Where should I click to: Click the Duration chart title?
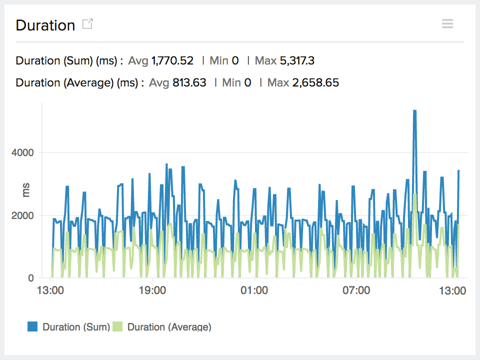pyautogui.click(x=45, y=25)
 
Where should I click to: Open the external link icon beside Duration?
pyautogui.click(x=87, y=24)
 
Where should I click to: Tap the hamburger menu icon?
pyautogui.click(x=447, y=23)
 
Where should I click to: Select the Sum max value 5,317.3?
pyautogui.click(x=296, y=61)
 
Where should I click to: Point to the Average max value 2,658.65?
pyautogui.click(x=315, y=82)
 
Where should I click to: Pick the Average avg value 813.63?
pyautogui.click(x=189, y=82)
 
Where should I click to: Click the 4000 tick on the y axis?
pyautogui.click(x=23, y=152)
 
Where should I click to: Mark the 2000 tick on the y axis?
pyautogui.click(x=23, y=215)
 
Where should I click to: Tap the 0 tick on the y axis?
pyautogui.click(x=30, y=278)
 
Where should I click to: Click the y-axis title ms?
pyautogui.click(x=26, y=190)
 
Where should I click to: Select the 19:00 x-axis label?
pyautogui.click(x=152, y=290)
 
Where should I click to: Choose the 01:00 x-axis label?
pyautogui.click(x=254, y=290)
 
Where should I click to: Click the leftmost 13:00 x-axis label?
pyautogui.click(x=50, y=290)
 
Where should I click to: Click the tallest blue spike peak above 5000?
pyautogui.click(x=414, y=111)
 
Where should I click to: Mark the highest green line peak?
pyautogui.click(x=415, y=194)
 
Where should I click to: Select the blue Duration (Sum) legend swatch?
pyautogui.click(x=33, y=327)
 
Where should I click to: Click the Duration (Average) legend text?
pyautogui.click(x=169, y=327)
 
